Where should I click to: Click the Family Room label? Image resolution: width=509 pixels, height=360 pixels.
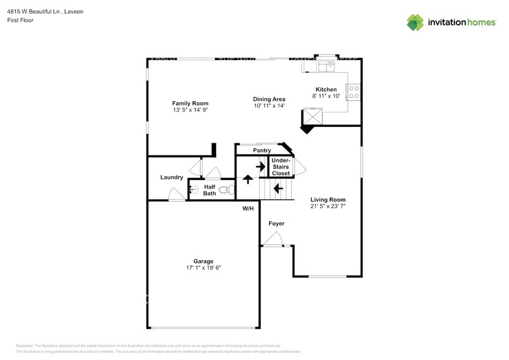pos(190,103)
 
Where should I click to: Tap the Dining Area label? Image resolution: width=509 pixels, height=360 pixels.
pos(270,99)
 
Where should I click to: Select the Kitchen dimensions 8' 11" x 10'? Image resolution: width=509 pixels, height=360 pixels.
pos(326,96)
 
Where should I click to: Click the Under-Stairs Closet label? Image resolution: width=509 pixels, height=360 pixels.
pos(281,167)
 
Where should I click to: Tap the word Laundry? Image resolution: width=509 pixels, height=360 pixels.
pos(172,178)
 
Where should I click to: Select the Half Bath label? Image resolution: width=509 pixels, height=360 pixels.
pos(209,190)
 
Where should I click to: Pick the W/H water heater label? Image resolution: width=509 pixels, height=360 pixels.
pos(248,209)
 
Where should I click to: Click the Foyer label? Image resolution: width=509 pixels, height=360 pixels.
pos(276,223)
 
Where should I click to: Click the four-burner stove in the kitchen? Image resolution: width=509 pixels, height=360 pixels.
pos(353,92)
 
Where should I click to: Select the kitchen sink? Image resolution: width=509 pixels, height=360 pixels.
pos(326,64)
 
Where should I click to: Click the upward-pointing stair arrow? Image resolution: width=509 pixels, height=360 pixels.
pos(248,179)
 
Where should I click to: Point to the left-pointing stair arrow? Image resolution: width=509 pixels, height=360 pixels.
pos(278,189)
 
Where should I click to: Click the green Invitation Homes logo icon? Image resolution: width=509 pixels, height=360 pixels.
pos(415,22)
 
